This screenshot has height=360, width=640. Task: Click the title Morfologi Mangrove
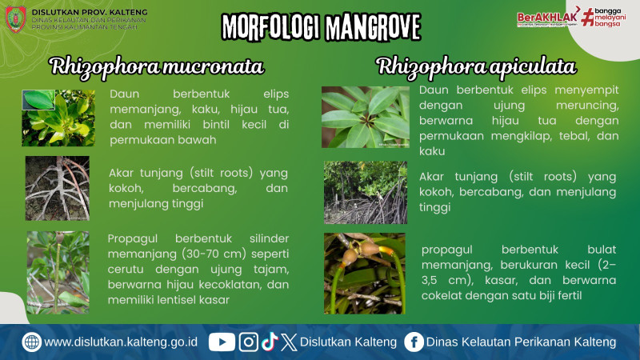(320, 26)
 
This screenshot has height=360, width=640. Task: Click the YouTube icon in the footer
(222, 342)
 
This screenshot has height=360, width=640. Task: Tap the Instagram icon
(249, 342)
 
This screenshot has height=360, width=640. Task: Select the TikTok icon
(269, 342)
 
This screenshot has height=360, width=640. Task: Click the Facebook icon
(414, 342)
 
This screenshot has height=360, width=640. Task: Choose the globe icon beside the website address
(32, 342)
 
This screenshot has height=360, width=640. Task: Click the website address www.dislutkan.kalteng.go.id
(121, 342)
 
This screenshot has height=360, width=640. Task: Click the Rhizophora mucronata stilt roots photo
(57, 188)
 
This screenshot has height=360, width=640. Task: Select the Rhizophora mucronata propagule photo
(58, 272)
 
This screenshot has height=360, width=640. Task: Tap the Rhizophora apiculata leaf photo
(365, 117)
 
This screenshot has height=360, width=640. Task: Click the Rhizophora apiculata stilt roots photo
(365, 192)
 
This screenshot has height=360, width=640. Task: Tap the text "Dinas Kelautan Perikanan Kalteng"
(521, 342)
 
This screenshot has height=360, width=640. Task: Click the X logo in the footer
(289, 342)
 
